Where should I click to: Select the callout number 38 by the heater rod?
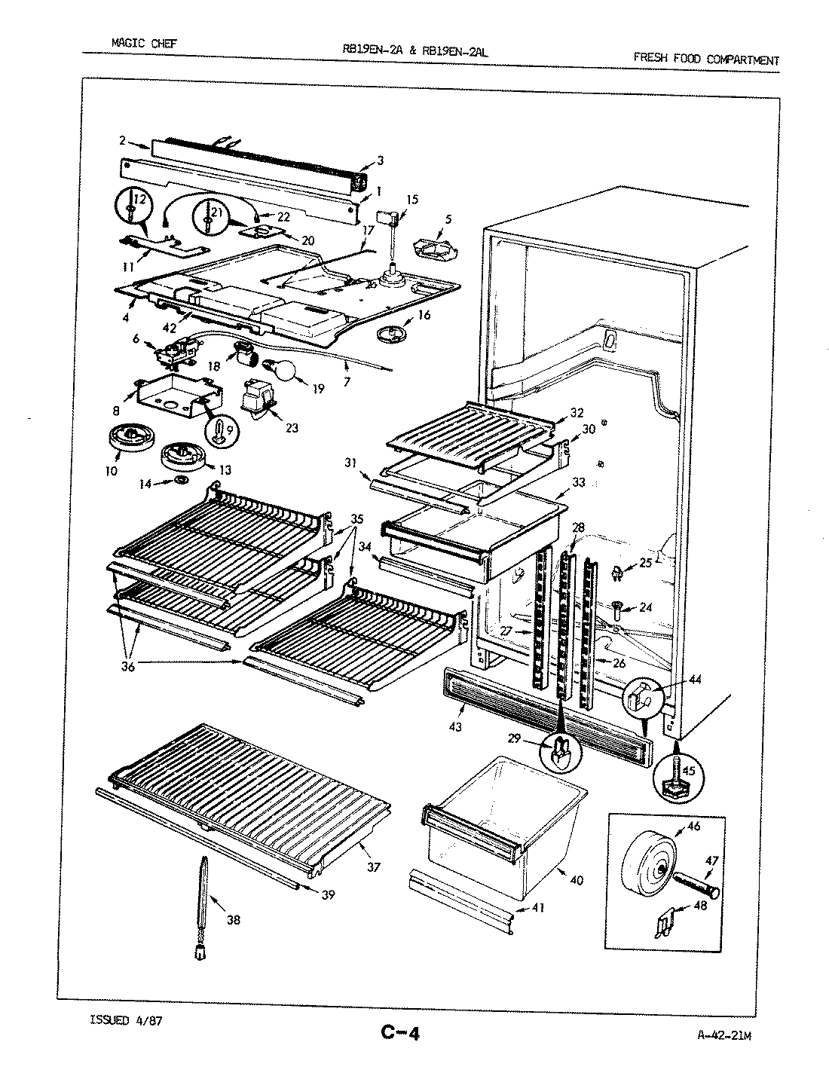pos(234,920)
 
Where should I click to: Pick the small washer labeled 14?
pos(182,480)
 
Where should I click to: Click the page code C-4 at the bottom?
pos(399,1032)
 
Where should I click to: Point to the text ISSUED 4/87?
pos(126,1021)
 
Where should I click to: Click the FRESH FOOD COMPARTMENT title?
pos(706,60)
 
